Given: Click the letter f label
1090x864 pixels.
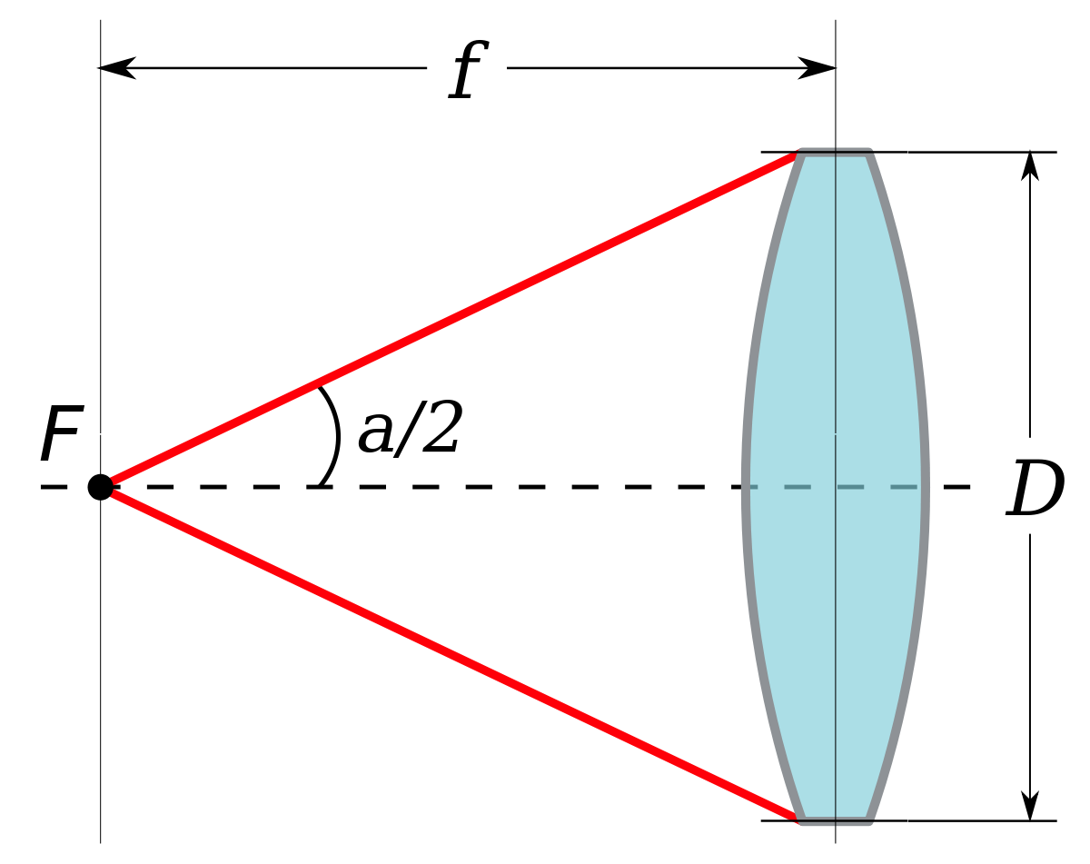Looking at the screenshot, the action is tap(466, 69).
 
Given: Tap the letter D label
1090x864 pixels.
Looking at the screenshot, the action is tap(1030, 486).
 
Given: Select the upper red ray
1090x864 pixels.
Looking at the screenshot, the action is tap(454, 319).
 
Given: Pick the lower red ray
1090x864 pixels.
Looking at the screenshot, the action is tap(454, 654).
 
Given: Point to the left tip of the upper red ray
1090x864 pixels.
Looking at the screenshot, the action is tap(113, 480).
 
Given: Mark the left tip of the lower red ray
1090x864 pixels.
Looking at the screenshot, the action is tap(113, 494).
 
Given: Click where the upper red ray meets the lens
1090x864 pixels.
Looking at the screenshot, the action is tap(796, 156).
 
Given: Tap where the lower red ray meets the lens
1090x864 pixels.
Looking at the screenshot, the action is tap(796, 818).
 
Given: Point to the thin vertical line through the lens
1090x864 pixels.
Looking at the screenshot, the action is tap(836, 318).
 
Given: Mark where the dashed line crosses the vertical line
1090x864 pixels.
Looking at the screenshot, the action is tap(836, 487).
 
